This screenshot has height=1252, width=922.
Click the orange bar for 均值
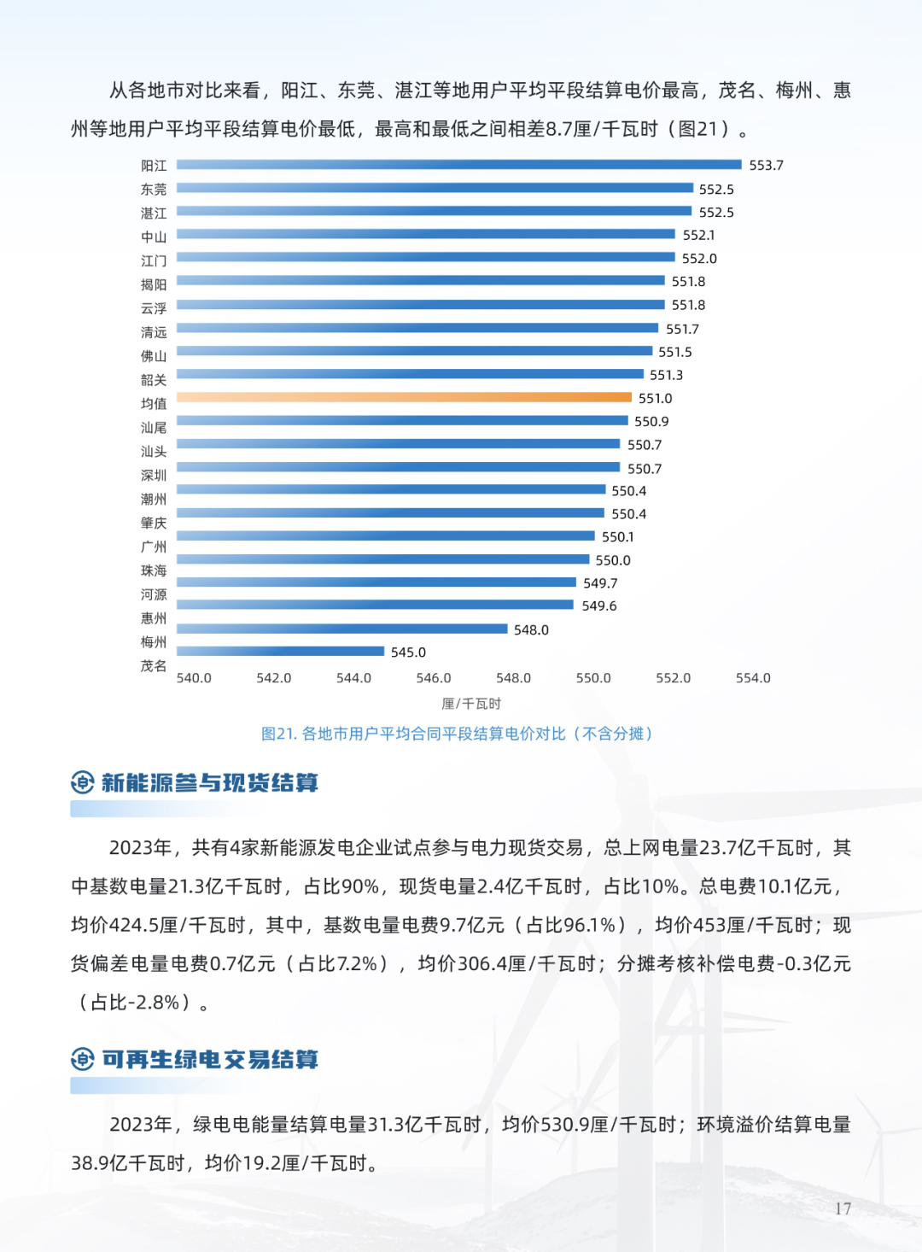pyautogui.click(x=404, y=397)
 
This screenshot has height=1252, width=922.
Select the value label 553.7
pyautogui.click(x=766, y=166)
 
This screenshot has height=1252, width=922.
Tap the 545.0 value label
pyautogui.click(x=408, y=652)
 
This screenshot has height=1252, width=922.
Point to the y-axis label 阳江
pyautogui.click(x=154, y=166)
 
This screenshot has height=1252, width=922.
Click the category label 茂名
pyautogui.click(x=154, y=665)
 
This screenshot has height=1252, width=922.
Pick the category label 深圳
pyautogui.click(x=154, y=475)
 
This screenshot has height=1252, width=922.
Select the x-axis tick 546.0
pyautogui.click(x=434, y=678)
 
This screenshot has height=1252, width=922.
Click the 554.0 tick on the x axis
pyautogui.click(x=753, y=678)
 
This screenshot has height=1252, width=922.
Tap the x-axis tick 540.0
pyautogui.click(x=194, y=678)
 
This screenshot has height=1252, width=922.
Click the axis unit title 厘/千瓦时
pyautogui.click(x=471, y=704)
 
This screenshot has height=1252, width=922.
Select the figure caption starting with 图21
pyautogui.click(x=457, y=734)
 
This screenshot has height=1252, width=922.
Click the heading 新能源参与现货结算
pyautogui.click(x=209, y=782)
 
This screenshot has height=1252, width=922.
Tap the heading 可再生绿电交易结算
pyautogui.click(x=209, y=1059)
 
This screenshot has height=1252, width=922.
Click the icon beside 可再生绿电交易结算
pyautogui.click(x=82, y=1059)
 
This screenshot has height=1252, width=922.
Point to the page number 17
pyautogui.click(x=843, y=1208)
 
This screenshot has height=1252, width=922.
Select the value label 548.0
pyautogui.click(x=531, y=630)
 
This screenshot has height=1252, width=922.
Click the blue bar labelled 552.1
pyautogui.click(x=426, y=234)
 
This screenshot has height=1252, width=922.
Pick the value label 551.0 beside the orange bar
pyautogui.click(x=655, y=399)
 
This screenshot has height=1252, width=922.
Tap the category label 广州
pyautogui.click(x=154, y=547)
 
